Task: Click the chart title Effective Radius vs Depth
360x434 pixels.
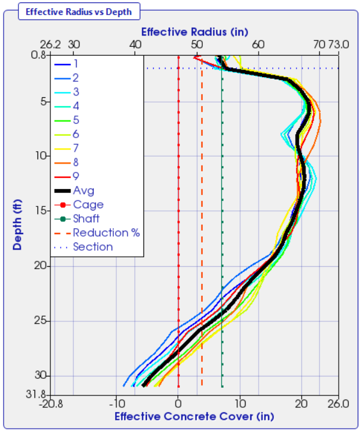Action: (x=78, y=11)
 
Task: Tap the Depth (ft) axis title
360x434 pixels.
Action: (x=18, y=226)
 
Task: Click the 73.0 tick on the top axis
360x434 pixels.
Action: (x=339, y=44)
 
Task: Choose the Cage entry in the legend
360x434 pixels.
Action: (x=88, y=205)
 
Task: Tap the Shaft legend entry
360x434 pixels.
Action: (x=86, y=219)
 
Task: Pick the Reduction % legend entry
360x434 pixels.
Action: (x=106, y=232)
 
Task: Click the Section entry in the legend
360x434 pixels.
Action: (x=92, y=247)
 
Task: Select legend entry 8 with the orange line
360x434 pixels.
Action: (x=75, y=162)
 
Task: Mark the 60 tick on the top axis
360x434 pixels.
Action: (x=258, y=44)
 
